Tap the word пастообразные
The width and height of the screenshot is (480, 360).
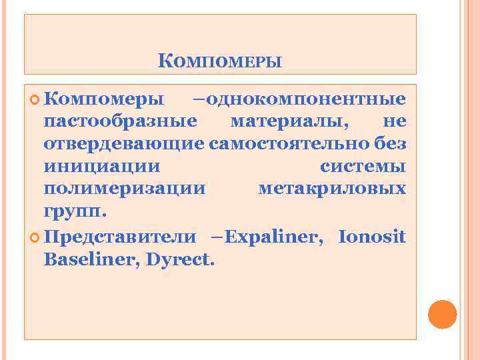(120, 122)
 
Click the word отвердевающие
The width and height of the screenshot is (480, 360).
(125, 144)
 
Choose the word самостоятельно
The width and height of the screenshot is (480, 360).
(289, 144)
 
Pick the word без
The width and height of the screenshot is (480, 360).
(390, 144)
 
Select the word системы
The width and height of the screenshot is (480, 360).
(363, 167)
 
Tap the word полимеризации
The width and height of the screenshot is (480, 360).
(125, 189)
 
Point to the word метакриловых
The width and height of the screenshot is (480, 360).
(331, 189)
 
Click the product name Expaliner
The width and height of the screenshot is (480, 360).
(275, 237)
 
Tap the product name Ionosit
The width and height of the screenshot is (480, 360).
(372, 237)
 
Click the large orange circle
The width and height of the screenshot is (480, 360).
(441, 314)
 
